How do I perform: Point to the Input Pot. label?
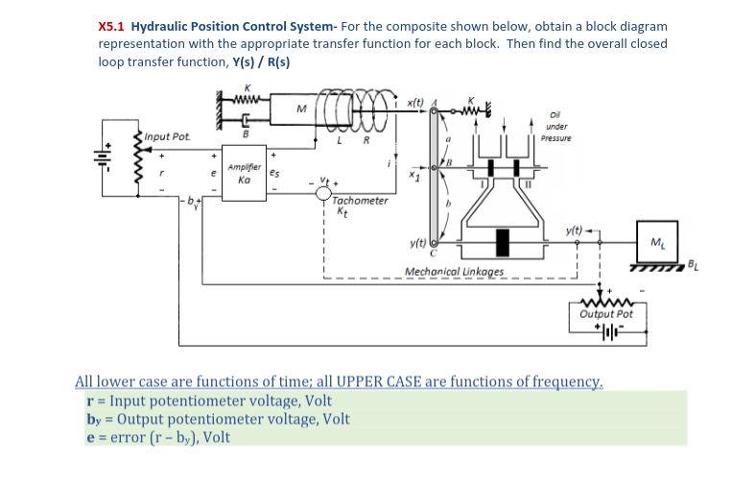pyautogui.click(x=168, y=137)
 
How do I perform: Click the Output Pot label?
pyautogui.click(x=606, y=314)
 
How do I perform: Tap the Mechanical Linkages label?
pyautogui.click(x=454, y=272)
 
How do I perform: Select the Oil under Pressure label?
pyautogui.click(x=556, y=128)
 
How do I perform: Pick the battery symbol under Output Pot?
pyautogui.click(x=606, y=333)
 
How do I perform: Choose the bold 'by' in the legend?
pyautogui.click(x=94, y=419)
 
